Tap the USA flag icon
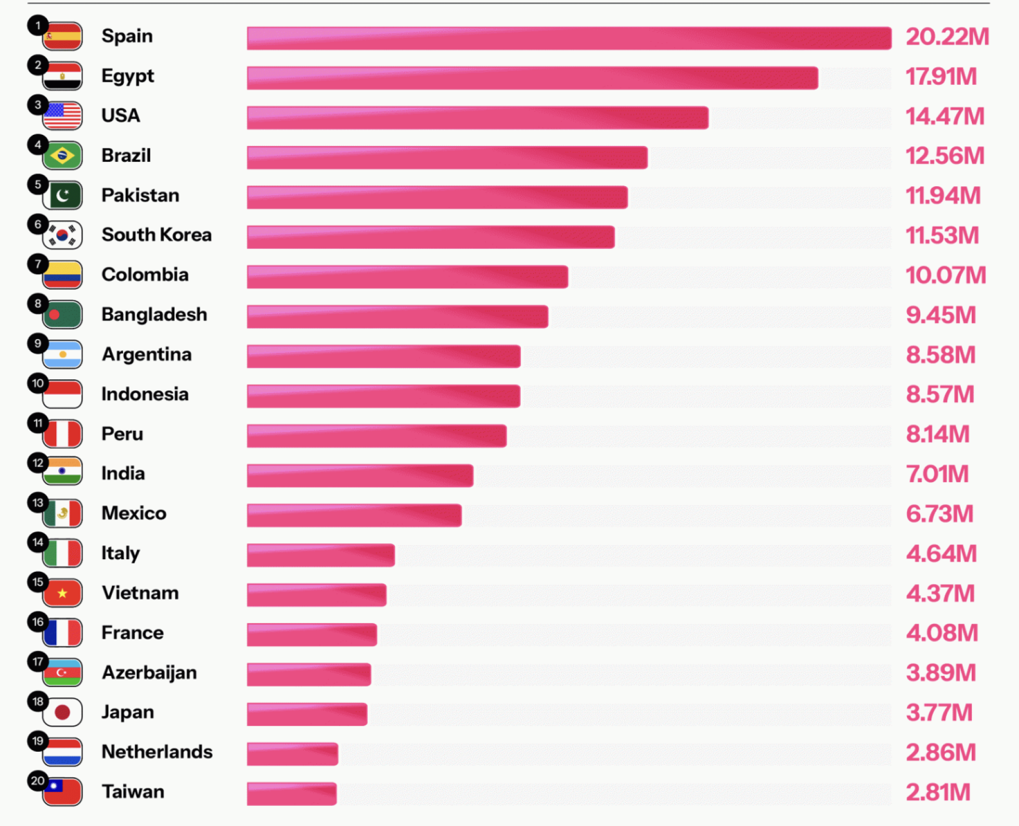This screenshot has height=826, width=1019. tap(63, 116)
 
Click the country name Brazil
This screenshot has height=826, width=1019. tap(126, 155)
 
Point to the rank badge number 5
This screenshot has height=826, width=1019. tap(38, 185)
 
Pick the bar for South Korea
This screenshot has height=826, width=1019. tap(430, 237)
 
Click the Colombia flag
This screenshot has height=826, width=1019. tap(63, 275)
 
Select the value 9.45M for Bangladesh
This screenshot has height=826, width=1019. tap(940, 315)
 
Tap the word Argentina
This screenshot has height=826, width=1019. tap(146, 354)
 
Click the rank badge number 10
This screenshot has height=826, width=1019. tap(38, 383)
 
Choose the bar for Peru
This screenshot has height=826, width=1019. tap(376, 436)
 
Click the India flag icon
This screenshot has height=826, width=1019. tap(63, 471)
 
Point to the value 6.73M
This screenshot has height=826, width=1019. tap(939, 514)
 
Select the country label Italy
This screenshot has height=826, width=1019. tap(120, 553)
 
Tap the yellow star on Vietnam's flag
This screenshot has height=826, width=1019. tap(63, 593)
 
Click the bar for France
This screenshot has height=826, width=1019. tap(312, 635)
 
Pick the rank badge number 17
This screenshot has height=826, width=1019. tap(38, 662)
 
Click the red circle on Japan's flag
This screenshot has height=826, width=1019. tap(63, 712)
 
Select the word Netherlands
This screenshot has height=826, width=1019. tap(157, 752)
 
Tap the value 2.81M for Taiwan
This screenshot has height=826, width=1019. tap(938, 792)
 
